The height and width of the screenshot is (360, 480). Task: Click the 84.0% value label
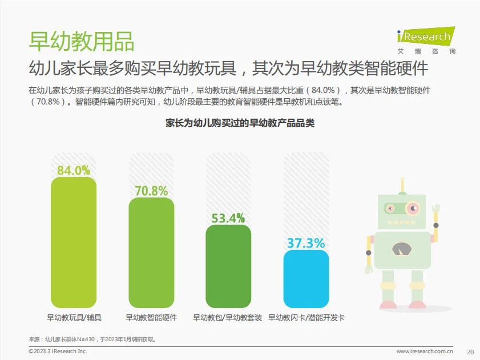click(x=74, y=170)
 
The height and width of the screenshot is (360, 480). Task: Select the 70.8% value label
click(x=151, y=191)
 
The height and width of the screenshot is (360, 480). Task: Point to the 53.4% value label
click(x=228, y=218)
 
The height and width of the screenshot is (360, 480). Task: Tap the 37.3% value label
click(x=306, y=243)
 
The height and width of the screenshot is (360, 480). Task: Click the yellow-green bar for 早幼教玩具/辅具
click(x=74, y=242)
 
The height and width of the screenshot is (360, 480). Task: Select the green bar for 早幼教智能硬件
click(x=151, y=254)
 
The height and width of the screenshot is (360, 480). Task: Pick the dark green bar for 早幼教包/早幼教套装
click(x=228, y=266)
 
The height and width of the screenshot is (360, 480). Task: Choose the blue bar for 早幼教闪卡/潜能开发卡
click(x=306, y=280)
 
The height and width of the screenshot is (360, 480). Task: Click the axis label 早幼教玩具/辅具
click(x=74, y=317)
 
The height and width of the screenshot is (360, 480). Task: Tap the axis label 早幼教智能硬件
click(x=151, y=317)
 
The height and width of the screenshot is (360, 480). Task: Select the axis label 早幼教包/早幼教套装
click(x=228, y=317)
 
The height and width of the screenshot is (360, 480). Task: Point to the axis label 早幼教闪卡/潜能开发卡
click(x=306, y=317)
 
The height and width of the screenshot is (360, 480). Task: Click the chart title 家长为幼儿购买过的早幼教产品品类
click(x=240, y=123)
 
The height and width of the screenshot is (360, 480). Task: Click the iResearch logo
click(x=426, y=38)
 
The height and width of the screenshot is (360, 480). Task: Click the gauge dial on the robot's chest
click(x=403, y=248)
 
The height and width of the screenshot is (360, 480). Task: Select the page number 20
click(x=470, y=351)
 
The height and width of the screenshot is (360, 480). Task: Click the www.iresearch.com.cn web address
click(x=425, y=351)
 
